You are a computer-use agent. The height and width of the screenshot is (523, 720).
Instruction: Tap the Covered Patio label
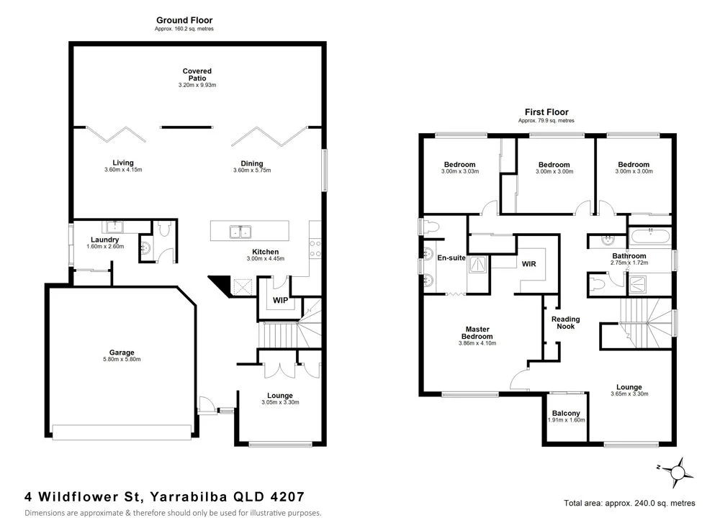pyautogui.click(x=197, y=71)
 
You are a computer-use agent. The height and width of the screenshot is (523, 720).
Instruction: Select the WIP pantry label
pyautogui.click(x=280, y=300)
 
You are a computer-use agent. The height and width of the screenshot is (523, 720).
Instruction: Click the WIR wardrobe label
pyautogui.click(x=529, y=264)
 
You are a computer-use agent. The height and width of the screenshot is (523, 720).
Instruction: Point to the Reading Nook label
pyautogui.click(x=565, y=323)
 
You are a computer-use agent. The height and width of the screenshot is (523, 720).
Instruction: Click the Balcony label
pyautogui.click(x=566, y=413)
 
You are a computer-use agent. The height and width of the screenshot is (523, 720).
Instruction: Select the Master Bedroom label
pyautogui.click(x=477, y=333)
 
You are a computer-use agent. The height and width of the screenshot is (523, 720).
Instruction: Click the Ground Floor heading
pyautogui.click(x=184, y=20)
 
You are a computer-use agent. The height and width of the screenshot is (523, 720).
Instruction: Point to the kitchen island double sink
pyautogui.click(x=240, y=232)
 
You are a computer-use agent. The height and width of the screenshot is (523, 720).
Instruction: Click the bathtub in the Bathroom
pyautogui.click(x=649, y=236)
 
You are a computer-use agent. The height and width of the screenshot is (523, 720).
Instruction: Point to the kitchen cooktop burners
pyautogui.click(x=315, y=249)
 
